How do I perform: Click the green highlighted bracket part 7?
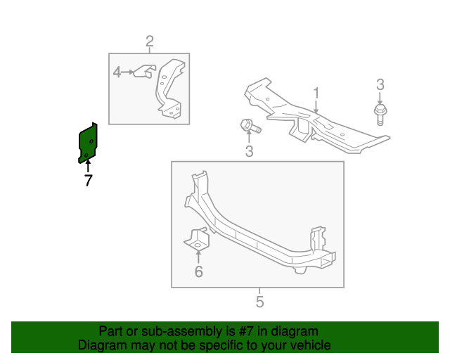click(x=88, y=143)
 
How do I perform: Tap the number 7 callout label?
click(x=88, y=181)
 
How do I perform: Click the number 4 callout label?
click(x=117, y=72)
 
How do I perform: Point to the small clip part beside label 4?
click(x=145, y=72)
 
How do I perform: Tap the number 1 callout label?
click(x=316, y=93)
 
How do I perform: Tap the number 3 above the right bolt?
click(x=380, y=85)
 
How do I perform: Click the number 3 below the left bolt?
click(x=249, y=151)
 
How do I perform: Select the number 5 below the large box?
click(x=259, y=302)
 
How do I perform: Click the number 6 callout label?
click(x=198, y=271)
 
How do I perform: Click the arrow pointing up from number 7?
click(x=88, y=167)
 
